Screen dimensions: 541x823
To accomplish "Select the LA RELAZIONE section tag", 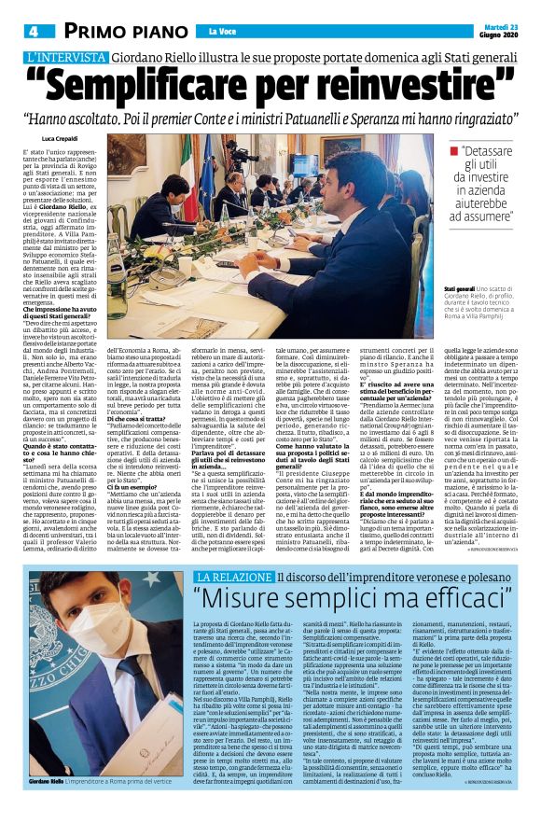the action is [231, 551].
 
